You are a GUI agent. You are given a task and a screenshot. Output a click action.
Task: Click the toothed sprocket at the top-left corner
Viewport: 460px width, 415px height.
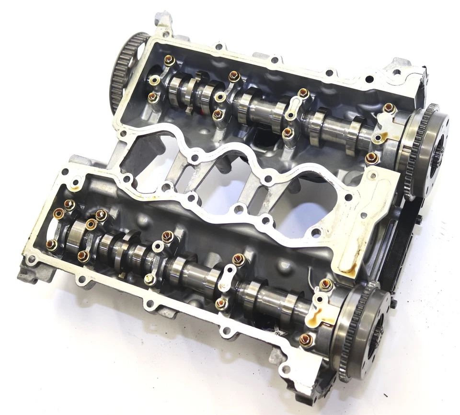click(x=126, y=72)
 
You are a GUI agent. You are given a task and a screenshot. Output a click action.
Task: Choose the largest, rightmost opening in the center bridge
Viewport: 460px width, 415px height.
click(x=307, y=201)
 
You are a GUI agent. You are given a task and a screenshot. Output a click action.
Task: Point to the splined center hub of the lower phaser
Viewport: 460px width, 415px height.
click(x=379, y=331)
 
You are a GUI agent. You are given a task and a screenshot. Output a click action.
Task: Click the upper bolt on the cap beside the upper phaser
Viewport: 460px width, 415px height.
click(x=389, y=108)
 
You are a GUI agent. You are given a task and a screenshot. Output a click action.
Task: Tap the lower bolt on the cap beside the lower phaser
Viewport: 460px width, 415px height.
click(x=305, y=340)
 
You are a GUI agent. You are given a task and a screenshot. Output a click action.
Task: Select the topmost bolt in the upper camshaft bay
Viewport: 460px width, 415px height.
click(x=169, y=61)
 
